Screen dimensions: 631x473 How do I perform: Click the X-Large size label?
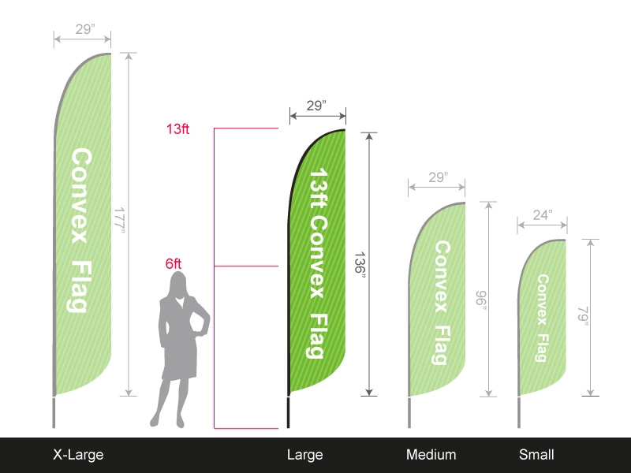click(78, 455)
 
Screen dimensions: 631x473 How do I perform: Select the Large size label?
click(304, 455)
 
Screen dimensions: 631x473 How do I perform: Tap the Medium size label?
click(431, 455)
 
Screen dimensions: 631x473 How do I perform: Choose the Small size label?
click(536, 455)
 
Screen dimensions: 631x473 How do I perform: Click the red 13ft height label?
click(177, 129)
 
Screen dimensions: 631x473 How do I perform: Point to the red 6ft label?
click(174, 264)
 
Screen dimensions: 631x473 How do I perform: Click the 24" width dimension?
click(543, 215)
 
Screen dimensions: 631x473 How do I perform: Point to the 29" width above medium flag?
click(439, 177)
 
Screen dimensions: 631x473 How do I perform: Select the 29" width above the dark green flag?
click(316, 106)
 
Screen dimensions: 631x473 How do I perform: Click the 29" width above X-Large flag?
click(85, 29)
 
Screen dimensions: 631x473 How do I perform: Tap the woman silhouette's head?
click(178, 284)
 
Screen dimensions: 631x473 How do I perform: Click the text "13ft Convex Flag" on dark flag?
click(318, 263)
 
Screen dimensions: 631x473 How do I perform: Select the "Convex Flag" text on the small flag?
click(543, 318)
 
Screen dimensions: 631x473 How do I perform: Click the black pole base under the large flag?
click(288, 412)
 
